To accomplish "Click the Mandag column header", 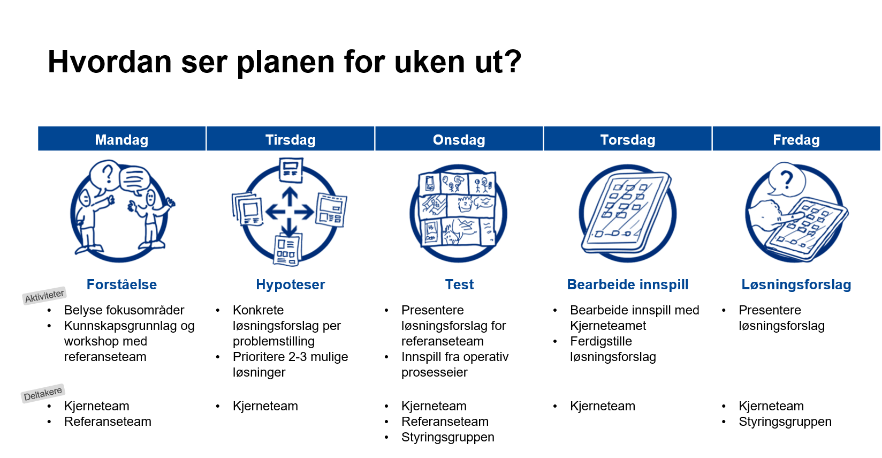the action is pyautogui.click(x=121, y=139).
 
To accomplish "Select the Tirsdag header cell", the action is pyautogui.click(x=290, y=139).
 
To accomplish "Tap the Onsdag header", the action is pyautogui.click(x=459, y=139).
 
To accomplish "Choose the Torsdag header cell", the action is pyautogui.click(x=628, y=139).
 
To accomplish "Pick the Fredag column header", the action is pyautogui.click(x=796, y=139).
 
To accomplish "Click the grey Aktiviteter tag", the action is pyautogui.click(x=44, y=296).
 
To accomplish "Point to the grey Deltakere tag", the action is pyautogui.click(x=43, y=393).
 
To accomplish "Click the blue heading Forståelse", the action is pyautogui.click(x=121, y=284).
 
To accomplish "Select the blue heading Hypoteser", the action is pyautogui.click(x=290, y=284).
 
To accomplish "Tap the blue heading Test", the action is pyautogui.click(x=459, y=284).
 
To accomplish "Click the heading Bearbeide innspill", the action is pyautogui.click(x=628, y=284).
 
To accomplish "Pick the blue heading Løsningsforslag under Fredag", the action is pyautogui.click(x=796, y=284).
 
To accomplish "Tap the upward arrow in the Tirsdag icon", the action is pyautogui.click(x=290, y=196).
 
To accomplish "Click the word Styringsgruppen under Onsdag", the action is pyautogui.click(x=448, y=437).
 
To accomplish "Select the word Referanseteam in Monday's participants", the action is pyautogui.click(x=108, y=422).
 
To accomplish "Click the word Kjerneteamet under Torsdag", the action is pyautogui.click(x=608, y=326).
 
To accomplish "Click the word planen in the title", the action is pyautogui.click(x=285, y=62).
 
